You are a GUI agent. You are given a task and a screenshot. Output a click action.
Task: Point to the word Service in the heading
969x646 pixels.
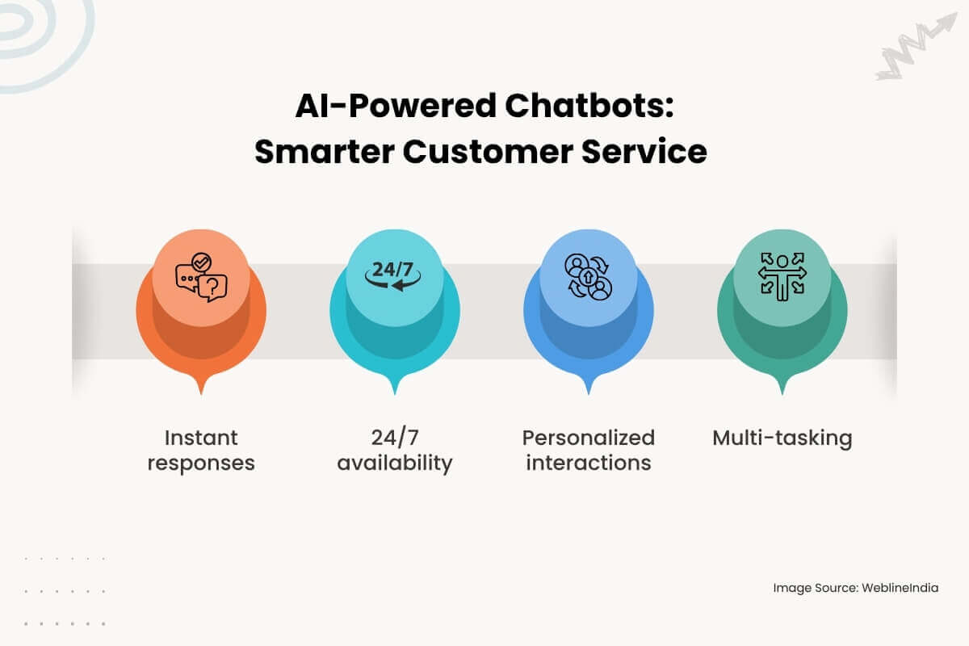[645, 152]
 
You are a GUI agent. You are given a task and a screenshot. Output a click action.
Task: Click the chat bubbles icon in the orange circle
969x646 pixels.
[201, 277]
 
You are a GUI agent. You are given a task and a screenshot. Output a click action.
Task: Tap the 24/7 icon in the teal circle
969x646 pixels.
[394, 272]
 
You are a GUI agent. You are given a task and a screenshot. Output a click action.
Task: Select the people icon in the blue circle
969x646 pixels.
[589, 277]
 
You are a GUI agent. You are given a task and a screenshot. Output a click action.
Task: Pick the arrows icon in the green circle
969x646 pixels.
[782, 276]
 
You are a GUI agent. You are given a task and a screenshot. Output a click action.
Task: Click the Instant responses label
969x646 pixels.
[201, 451]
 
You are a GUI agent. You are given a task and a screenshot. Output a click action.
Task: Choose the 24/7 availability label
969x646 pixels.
[394, 451]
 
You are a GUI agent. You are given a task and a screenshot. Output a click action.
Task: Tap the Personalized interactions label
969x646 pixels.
[589, 451]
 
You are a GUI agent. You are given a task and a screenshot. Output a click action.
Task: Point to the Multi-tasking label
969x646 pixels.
[782, 438]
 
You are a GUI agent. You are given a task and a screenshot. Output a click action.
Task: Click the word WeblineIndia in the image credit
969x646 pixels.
[900, 588]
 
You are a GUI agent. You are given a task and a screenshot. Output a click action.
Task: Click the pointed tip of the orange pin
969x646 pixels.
[201, 392]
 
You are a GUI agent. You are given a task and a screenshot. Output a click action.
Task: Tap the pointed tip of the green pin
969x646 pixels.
[782, 392]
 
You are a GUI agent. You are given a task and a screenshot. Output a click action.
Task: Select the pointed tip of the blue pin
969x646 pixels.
[589, 392]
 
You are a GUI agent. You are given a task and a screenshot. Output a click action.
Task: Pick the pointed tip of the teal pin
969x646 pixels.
[394, 392]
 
